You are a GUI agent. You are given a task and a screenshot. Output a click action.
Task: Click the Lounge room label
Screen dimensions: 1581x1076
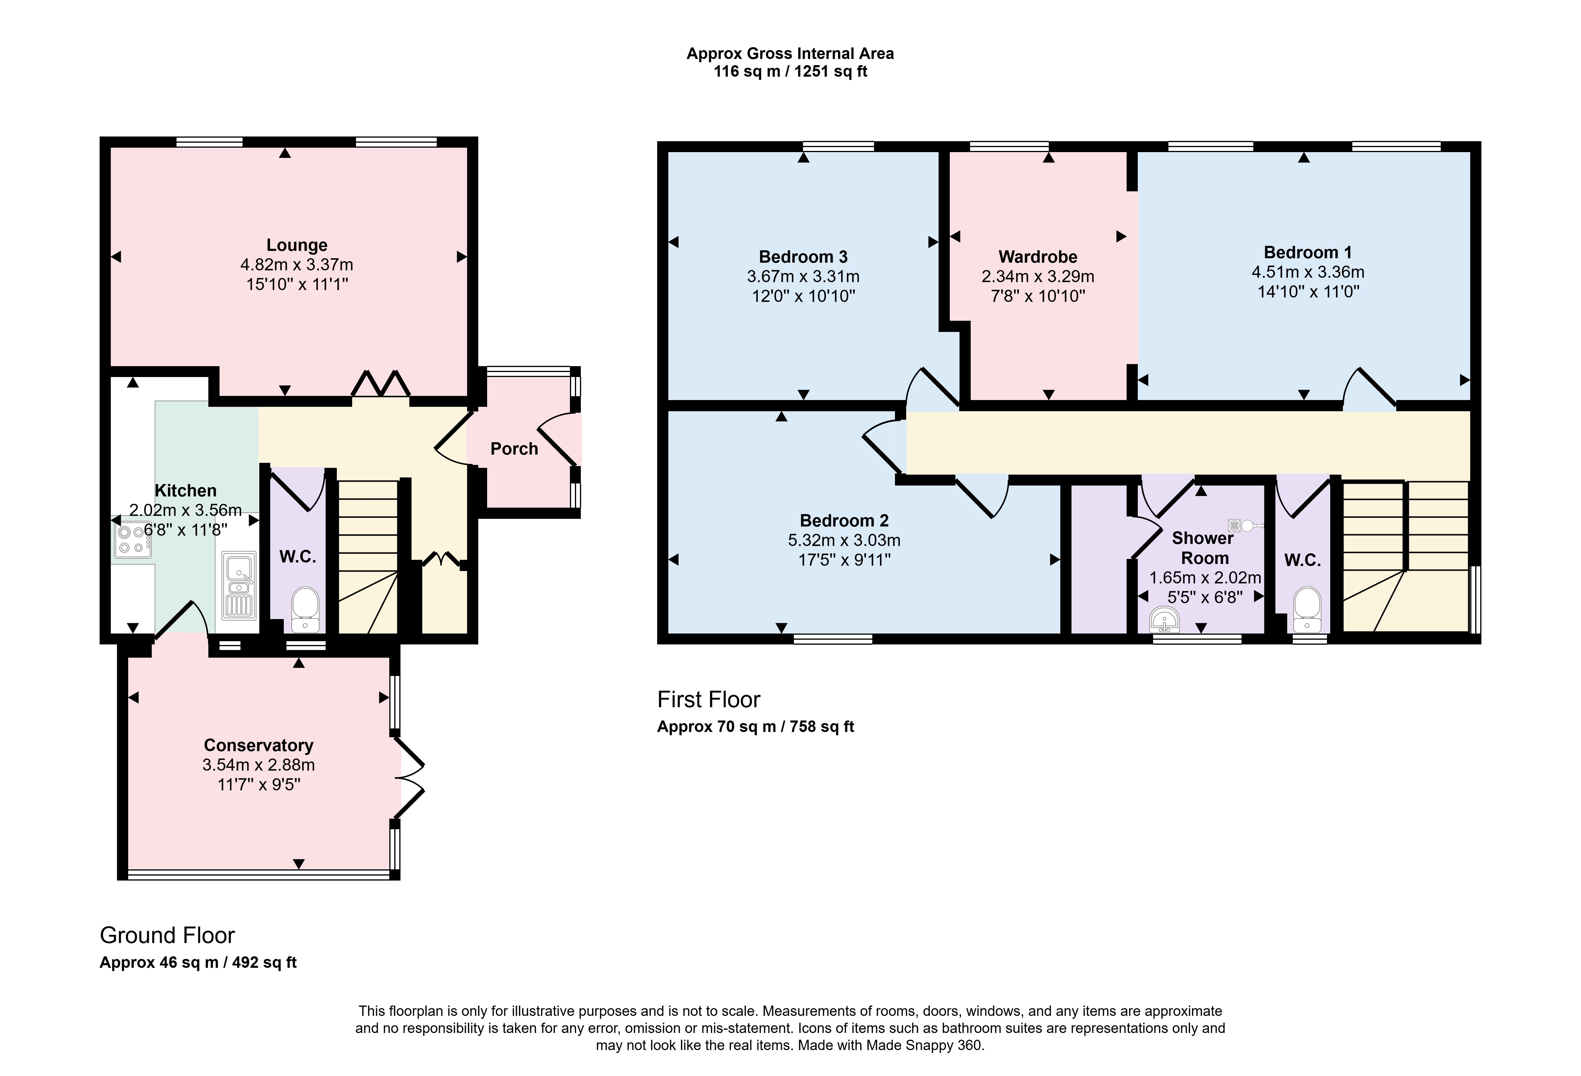click(x=297, y=245)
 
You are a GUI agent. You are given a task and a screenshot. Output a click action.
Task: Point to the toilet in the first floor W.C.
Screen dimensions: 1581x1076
click(x=1307, y=609)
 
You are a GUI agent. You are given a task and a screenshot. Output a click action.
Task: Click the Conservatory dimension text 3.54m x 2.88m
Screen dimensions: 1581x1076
click(x=258, y=765)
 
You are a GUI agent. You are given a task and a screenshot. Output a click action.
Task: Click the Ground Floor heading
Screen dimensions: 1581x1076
click(x=167, y=936)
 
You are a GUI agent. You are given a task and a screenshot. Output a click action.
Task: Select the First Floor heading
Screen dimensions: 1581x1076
click(x=709, y=700)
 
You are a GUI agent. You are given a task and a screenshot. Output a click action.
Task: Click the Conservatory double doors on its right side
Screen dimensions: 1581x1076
click(x=410, y=777)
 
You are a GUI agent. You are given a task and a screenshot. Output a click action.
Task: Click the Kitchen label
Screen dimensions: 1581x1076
click(x=186, y=491)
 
